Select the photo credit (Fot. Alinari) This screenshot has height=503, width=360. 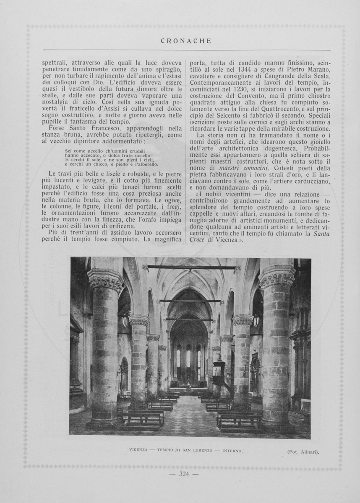point(303,451)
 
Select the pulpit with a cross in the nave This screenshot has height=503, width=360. point(218,369)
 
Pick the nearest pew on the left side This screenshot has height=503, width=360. point(141,418)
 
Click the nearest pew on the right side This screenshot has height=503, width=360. point(238,420)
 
